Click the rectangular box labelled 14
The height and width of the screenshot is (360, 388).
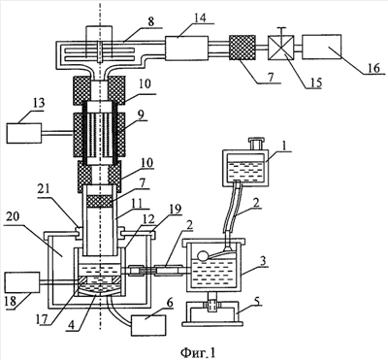pos(186,49)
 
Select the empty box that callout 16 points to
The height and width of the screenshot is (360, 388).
pos(322,47)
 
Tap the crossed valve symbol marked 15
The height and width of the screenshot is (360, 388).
pos(281,48)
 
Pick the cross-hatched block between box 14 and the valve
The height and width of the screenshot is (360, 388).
pos(242,48)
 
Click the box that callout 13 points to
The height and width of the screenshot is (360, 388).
pos(24,133)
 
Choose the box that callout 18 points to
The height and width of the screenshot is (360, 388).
pos(22,282)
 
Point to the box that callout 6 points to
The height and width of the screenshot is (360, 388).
pos(148,325)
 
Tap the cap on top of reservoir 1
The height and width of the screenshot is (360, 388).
pos(257,144)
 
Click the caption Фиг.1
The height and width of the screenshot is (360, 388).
pos(197,352)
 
